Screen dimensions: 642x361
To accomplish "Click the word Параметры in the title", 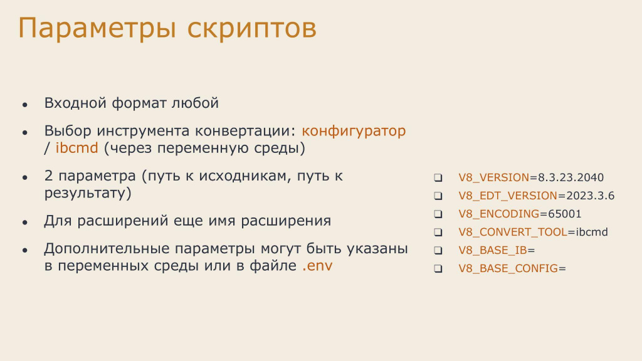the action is click(97, 29).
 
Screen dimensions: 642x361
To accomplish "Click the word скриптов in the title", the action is click(252, 29).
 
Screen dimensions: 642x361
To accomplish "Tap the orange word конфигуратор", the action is click(354, 131).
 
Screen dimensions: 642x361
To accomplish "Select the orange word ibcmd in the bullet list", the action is click(77, 148).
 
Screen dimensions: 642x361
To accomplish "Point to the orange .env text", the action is click(317, 266).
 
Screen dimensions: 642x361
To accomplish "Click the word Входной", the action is click(75, 103).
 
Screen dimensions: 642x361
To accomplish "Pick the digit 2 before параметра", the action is click(49, 175).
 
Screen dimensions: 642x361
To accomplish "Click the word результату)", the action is click(88, 193).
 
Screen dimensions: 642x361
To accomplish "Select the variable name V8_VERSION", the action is click(494, 177).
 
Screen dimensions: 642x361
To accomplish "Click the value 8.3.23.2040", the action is click(571, 177).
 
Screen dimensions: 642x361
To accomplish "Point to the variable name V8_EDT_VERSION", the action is click(508, 196).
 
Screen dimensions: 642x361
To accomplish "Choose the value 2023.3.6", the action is click(591, 196).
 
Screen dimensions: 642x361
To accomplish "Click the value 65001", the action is click(565, 214).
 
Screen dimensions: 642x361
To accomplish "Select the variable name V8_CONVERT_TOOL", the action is click(513, 232).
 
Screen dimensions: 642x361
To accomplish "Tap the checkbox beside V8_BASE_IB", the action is click(438, 251).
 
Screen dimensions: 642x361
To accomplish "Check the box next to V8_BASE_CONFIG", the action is click(438, 269).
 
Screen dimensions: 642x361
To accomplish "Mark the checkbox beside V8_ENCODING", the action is click(438, 214).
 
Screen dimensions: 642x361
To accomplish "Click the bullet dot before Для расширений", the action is click(25, 222).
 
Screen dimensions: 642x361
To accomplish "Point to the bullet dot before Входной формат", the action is click(25, 105).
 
